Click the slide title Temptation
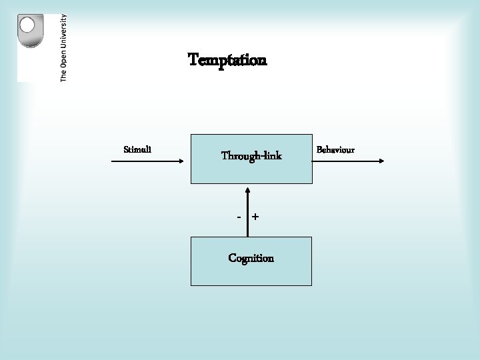227,61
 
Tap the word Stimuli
137,149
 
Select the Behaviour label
335,149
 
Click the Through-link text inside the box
251,157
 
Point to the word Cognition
251,258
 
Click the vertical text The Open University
63,48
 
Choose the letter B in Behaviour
319,149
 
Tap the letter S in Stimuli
127,149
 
